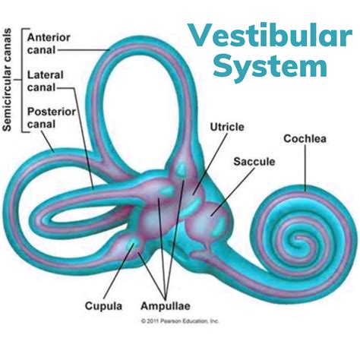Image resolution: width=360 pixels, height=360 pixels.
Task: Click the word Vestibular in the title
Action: (x=270, y=36)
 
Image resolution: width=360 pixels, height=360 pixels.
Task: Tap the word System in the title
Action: (x=270, y=66)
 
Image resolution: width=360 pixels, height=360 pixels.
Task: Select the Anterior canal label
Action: (x=49, y=43)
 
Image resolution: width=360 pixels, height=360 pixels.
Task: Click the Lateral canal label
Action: (x=46, y=81)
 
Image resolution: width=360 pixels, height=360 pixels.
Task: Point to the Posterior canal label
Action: (x=52, y=118)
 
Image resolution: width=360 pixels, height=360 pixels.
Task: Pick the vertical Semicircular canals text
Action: (x=7, y=80)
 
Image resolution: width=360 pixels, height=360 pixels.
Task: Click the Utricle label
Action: (x=227, y=127)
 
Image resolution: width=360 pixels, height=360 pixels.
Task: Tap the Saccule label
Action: (x=254, y=162)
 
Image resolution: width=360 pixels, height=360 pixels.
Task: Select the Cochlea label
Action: (x=305, y=138)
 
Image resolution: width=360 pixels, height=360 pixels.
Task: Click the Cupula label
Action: (x=103, y=306)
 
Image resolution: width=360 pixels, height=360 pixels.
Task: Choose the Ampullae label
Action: (x=166, y=306)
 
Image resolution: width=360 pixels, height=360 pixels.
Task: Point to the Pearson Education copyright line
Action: (x=180, y=321)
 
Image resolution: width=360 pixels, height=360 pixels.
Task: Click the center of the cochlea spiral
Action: (x=300, y=238)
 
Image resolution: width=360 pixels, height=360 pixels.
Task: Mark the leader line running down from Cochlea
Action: (x=305, y=168)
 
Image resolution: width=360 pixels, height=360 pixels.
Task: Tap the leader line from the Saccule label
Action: (x=232, y=191)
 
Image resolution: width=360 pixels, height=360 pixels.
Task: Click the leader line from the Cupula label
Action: (x=118, y=271)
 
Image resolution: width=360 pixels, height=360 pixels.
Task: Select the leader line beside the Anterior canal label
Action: (x=84, y=50)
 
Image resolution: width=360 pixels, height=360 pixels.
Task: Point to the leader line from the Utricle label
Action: (x=210, y=164)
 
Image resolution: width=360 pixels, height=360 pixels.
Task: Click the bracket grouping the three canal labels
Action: (x=23, y=80)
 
